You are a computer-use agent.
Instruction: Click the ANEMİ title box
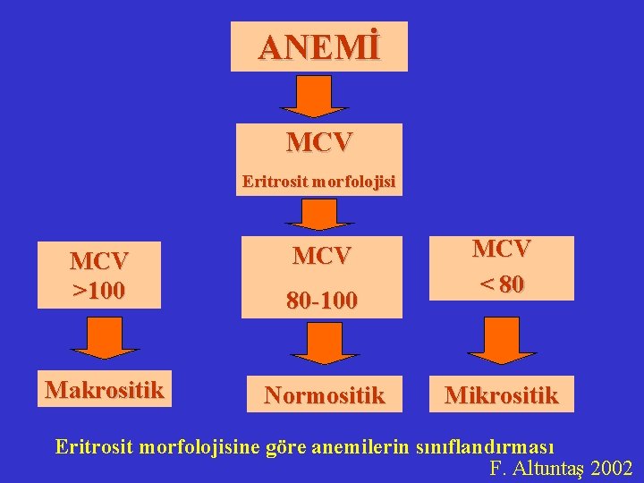(x=319, y=47)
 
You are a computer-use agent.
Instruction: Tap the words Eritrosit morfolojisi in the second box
(x=318, y=182)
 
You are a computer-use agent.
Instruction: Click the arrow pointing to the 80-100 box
(x=319, y=215)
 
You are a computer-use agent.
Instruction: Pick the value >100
(x=99, y=291)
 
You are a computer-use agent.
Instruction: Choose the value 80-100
(x=322, y=301)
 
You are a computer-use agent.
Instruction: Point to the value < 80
(x=501, y=284)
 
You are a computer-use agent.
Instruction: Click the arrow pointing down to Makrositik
(x=105, y=339)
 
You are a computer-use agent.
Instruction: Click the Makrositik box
(x=105, y=390)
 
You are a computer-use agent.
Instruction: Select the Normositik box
(x=323, y=394)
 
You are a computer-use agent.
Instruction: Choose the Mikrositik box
(x=501, y=394)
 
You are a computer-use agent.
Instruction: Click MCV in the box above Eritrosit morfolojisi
(x=319, y=142)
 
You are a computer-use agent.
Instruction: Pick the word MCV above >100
(x=99, y=261)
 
